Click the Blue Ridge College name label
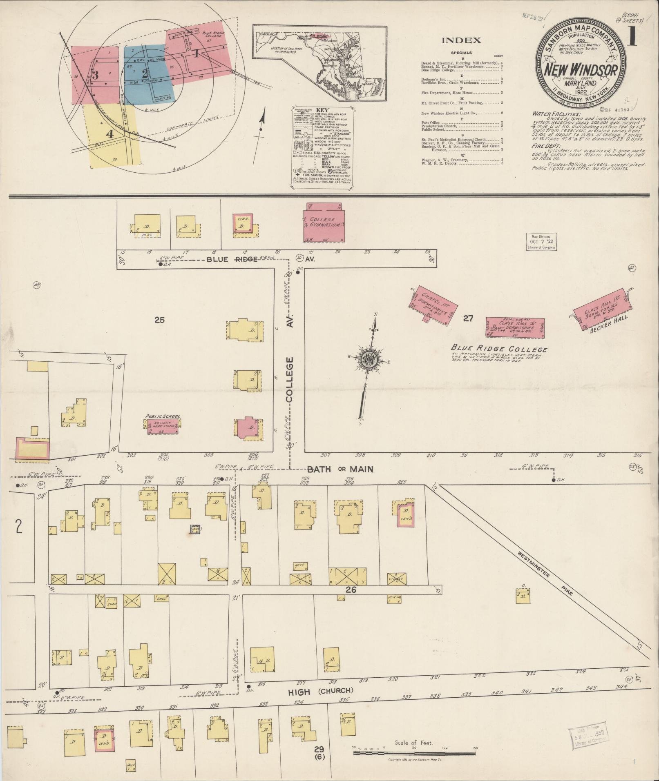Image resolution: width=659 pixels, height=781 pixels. [x=499, y=349]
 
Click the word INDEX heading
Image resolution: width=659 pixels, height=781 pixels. [x=462, y=40]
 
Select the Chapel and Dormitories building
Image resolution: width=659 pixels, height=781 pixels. [x=432, y=307]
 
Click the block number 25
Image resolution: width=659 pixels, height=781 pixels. [x=159, y=320]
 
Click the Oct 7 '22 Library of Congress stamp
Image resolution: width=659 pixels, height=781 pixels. [x=540, y=242]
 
